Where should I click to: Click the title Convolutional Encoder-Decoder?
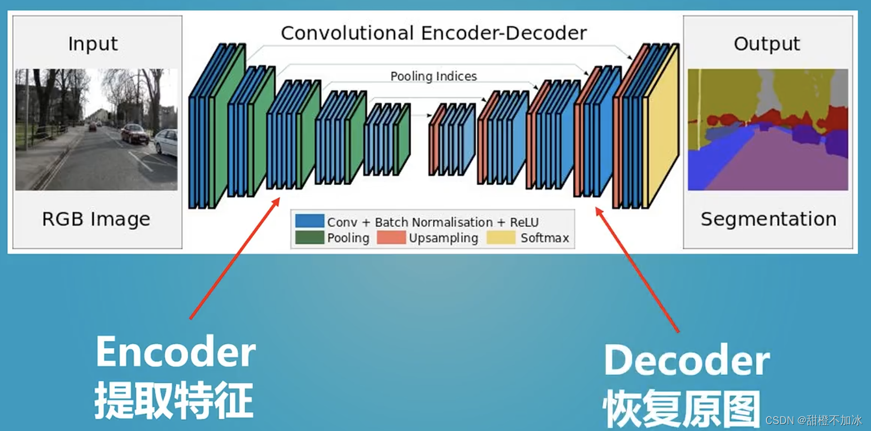point(433,33)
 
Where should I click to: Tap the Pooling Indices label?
point(433,76)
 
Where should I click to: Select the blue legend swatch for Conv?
point(309,221)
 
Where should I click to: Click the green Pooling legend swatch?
point(309,237)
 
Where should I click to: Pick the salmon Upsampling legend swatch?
point(391,237)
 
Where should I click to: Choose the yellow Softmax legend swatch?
point(501,237)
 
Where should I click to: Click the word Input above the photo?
point(93,44)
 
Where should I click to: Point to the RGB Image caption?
point(96,219)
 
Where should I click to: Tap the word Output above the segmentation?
point(767,44)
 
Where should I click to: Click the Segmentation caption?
point(768,219)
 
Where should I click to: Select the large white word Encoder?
point(176,352)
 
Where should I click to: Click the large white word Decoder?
point(687,361)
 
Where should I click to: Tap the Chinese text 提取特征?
point(174,400)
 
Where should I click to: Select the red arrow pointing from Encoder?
point(235,259)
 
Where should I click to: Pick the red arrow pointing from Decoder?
point(637,269)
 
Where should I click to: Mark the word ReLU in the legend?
point(524,222)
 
